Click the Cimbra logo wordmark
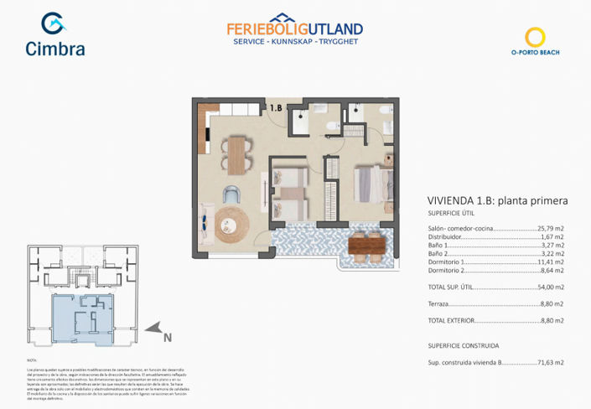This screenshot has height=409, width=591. point(54,49)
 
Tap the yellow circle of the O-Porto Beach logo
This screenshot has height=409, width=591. point(535,37)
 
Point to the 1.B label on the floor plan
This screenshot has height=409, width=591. point(276,108)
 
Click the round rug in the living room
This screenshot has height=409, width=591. point(232,224)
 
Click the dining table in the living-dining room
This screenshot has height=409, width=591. point(236,155)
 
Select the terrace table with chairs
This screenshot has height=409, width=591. point(365,245)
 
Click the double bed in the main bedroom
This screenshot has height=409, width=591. point(368,184)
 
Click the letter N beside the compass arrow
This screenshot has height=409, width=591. point(168,338)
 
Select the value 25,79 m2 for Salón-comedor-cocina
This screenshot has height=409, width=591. point(550,228)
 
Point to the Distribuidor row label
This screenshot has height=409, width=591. point(447,236)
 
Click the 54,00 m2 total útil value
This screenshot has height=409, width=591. point(550,287)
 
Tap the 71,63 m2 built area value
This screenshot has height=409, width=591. point(550,363)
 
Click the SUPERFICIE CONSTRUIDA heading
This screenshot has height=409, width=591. point(463,345)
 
